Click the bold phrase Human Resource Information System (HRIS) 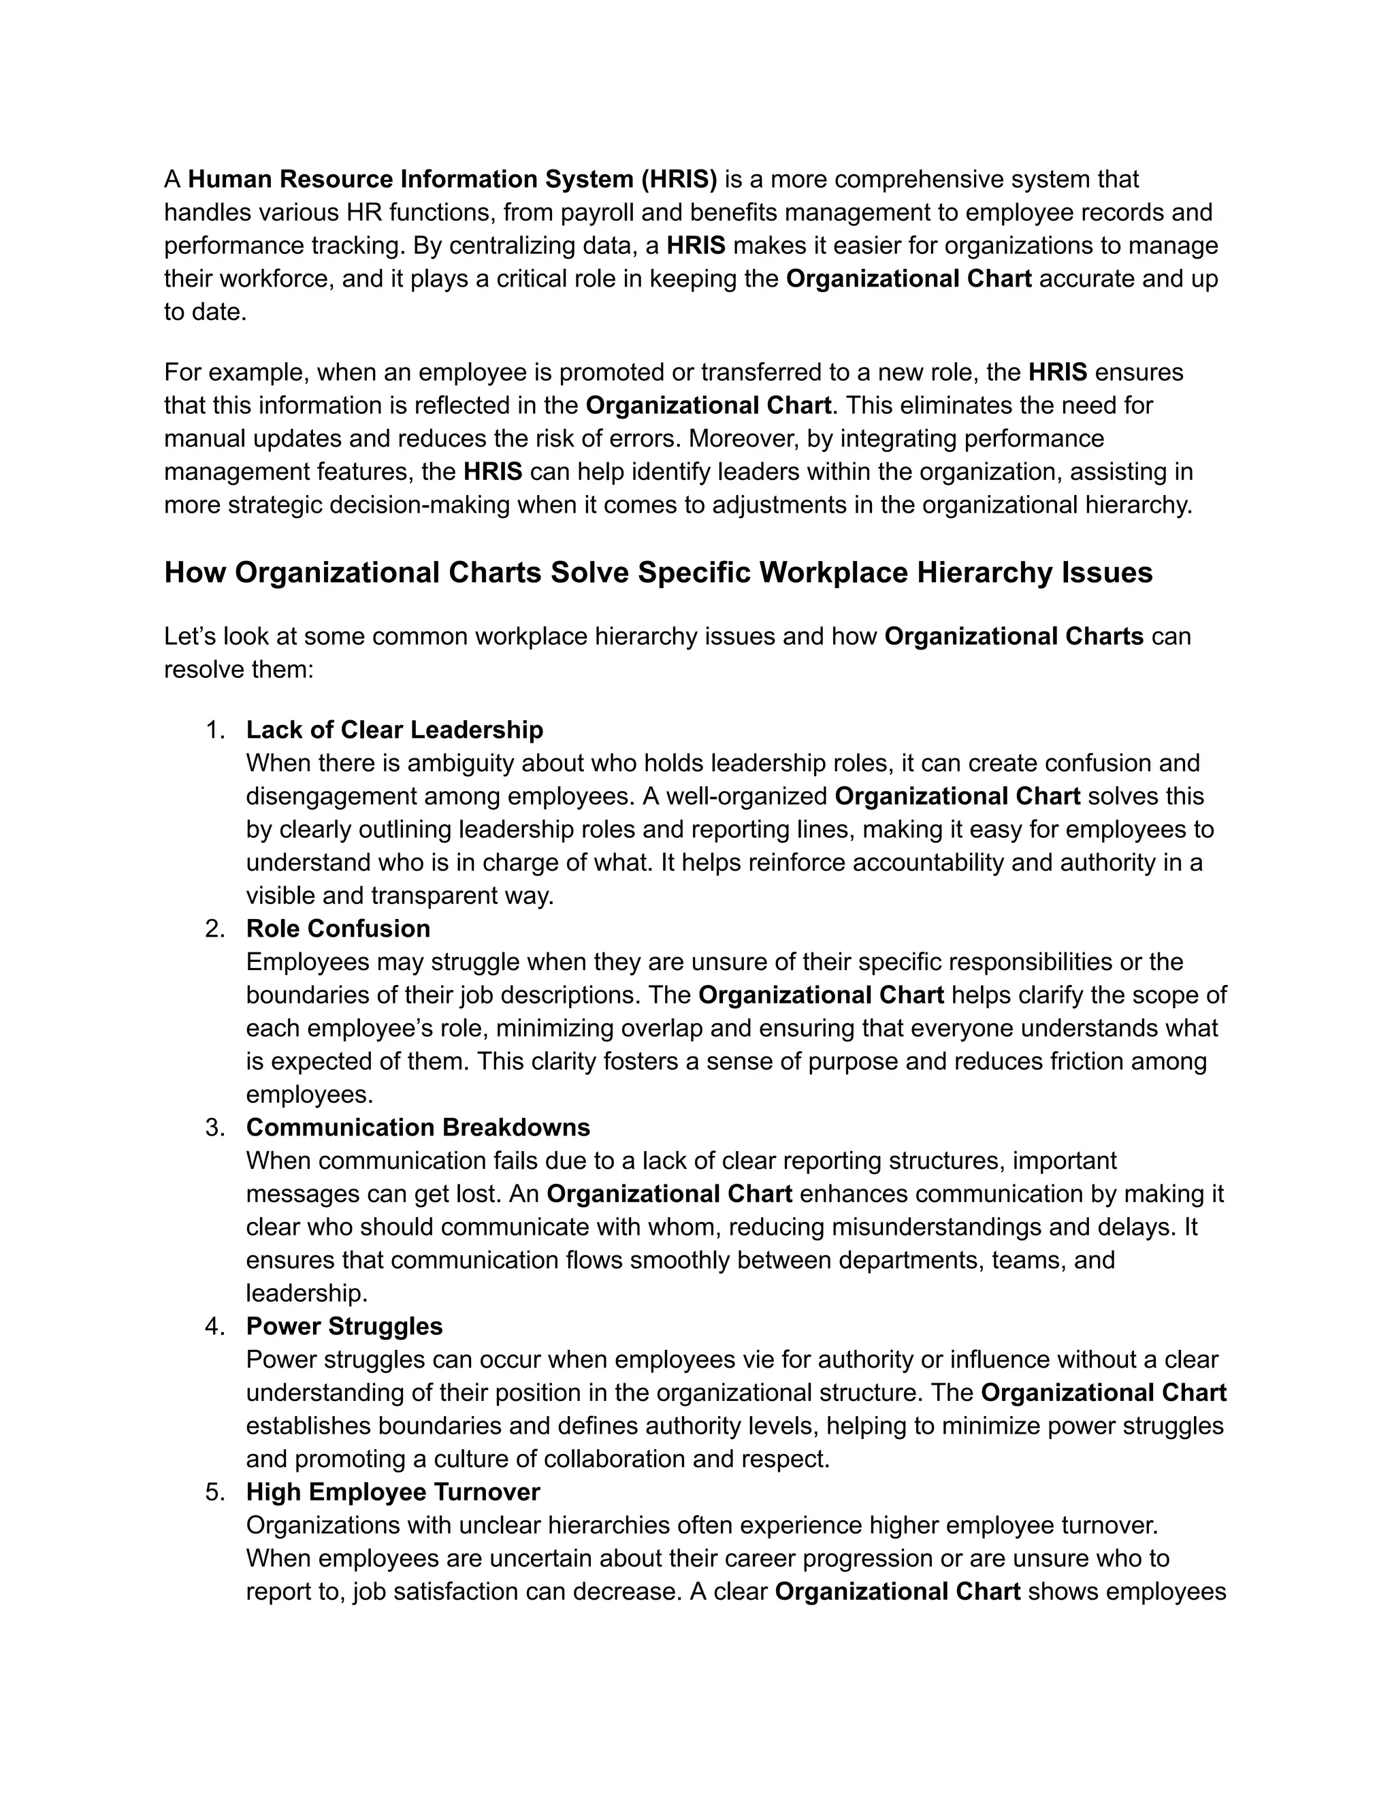453,179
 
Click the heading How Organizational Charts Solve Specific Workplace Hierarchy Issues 658,573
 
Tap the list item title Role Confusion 338,929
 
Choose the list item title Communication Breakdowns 418,1127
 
